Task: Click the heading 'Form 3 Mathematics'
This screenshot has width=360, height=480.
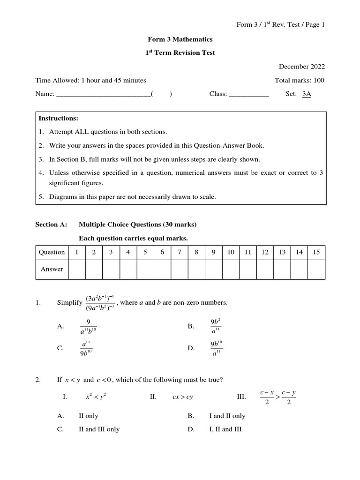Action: pyautogui.click(x=180, y=40)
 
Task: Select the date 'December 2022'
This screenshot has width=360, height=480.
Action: pyautogui.click(x=302, y=67)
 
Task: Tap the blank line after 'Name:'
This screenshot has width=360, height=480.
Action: pyautogui.click(x=104, y=94)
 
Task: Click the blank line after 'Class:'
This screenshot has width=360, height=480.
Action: pyautogui.click(x=248, y=94)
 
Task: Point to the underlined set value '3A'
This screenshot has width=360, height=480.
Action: pyautogui.click(x=307, y=94)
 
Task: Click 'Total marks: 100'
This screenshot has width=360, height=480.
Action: pyautogui.click(x=299, y=80)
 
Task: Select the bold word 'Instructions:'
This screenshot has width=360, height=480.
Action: pyautogui.click(x=58, y=119)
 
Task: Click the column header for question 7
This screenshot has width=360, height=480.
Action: pyautogui.click(x=179, y=252)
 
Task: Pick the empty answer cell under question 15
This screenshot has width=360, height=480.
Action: pyautogui.click(x=316, y=269)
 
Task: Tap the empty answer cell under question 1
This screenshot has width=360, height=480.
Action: pyautogui.click(x=76, y=269)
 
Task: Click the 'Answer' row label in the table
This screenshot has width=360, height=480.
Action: pyautogui.click(x=52, y=269)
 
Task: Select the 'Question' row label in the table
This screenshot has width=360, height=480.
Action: pyautogui.click(x=52, y=252)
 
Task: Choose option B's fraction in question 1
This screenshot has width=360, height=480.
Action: pyautogui.click(x=216, y=326)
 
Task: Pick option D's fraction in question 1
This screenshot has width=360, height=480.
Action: pyautogui.click(x=217, y=348)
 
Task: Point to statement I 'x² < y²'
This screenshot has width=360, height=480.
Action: pyautogui.click(x=96, y=397)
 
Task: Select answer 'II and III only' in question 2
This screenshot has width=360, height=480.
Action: pyautogui.click(x=99, y=429)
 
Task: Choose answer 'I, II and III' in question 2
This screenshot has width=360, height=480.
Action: pyautogui.click(x=225, y=429)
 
